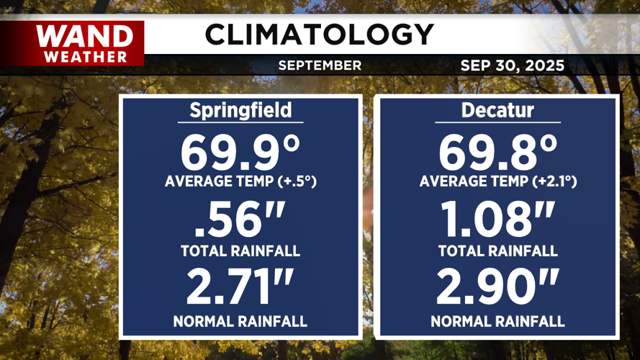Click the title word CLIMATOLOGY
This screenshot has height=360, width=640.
[319, 34]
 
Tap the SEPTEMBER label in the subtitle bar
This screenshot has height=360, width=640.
[320, 66]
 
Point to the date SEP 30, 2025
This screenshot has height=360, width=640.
[512, 66]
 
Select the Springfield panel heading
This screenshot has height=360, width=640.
[240, 110]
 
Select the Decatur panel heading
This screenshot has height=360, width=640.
[498, 110]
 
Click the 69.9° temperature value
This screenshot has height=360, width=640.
[240, 152]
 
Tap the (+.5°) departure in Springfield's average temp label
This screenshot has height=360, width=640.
[297, 182]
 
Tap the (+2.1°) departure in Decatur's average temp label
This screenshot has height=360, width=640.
[554, 182]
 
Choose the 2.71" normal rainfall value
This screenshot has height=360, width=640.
[240, 287]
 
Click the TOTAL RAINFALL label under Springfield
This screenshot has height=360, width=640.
[240, 251]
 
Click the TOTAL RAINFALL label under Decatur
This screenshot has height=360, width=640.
[498, 251]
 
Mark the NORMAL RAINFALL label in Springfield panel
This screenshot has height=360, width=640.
[240, 321]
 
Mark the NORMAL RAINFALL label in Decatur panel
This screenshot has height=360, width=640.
[498, 321]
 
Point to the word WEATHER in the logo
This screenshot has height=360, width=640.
[85, 56]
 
